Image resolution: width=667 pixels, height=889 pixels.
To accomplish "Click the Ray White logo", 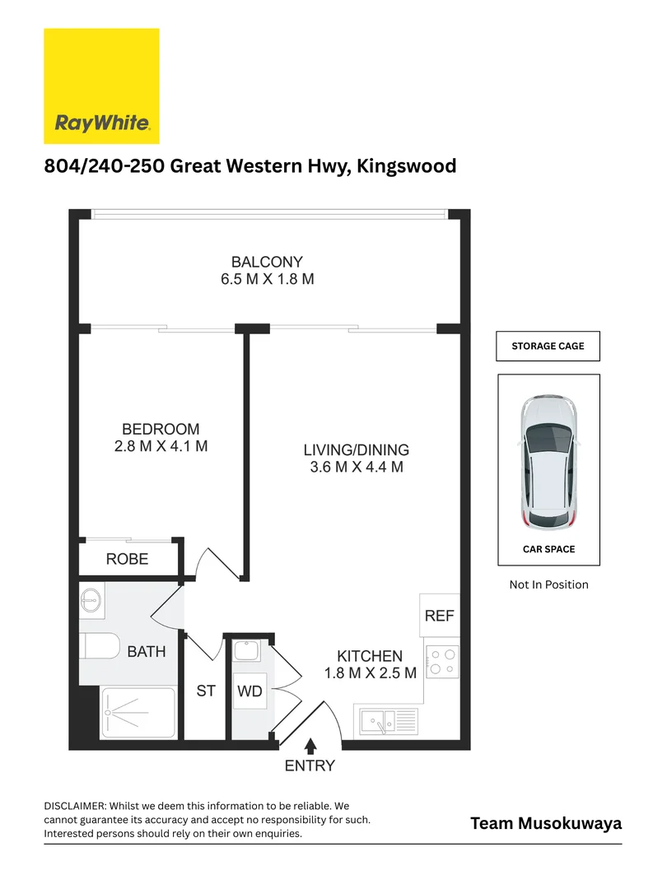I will tap(101, 86).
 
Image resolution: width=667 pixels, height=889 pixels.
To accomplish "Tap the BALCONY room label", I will tap(267, 263).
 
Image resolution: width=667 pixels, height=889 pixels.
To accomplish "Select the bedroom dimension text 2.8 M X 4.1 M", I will tap(161, 447).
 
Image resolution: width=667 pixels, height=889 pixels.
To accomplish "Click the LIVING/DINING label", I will tap(356, 450).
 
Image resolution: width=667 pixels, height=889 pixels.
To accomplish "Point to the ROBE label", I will tap(128, 560).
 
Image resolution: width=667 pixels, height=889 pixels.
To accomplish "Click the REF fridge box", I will tap(439, 615).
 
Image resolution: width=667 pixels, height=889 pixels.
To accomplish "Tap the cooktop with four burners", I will tap(442, 663).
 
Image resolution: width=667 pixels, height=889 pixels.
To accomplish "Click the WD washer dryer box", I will tap(250, 691).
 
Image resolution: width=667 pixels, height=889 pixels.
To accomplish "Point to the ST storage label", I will tap(205, 691).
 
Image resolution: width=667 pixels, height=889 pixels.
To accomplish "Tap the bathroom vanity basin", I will tap(91, 602).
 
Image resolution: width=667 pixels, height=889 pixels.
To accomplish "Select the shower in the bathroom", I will tap(138, 713).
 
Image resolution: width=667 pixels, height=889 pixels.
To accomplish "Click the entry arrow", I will tap(310, 747).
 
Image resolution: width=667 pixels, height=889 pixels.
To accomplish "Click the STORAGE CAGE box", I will tap(548, 347).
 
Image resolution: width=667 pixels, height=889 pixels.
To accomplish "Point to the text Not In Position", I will tap(548, 584).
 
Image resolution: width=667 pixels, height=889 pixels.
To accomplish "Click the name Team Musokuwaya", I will tap(546, 823).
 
